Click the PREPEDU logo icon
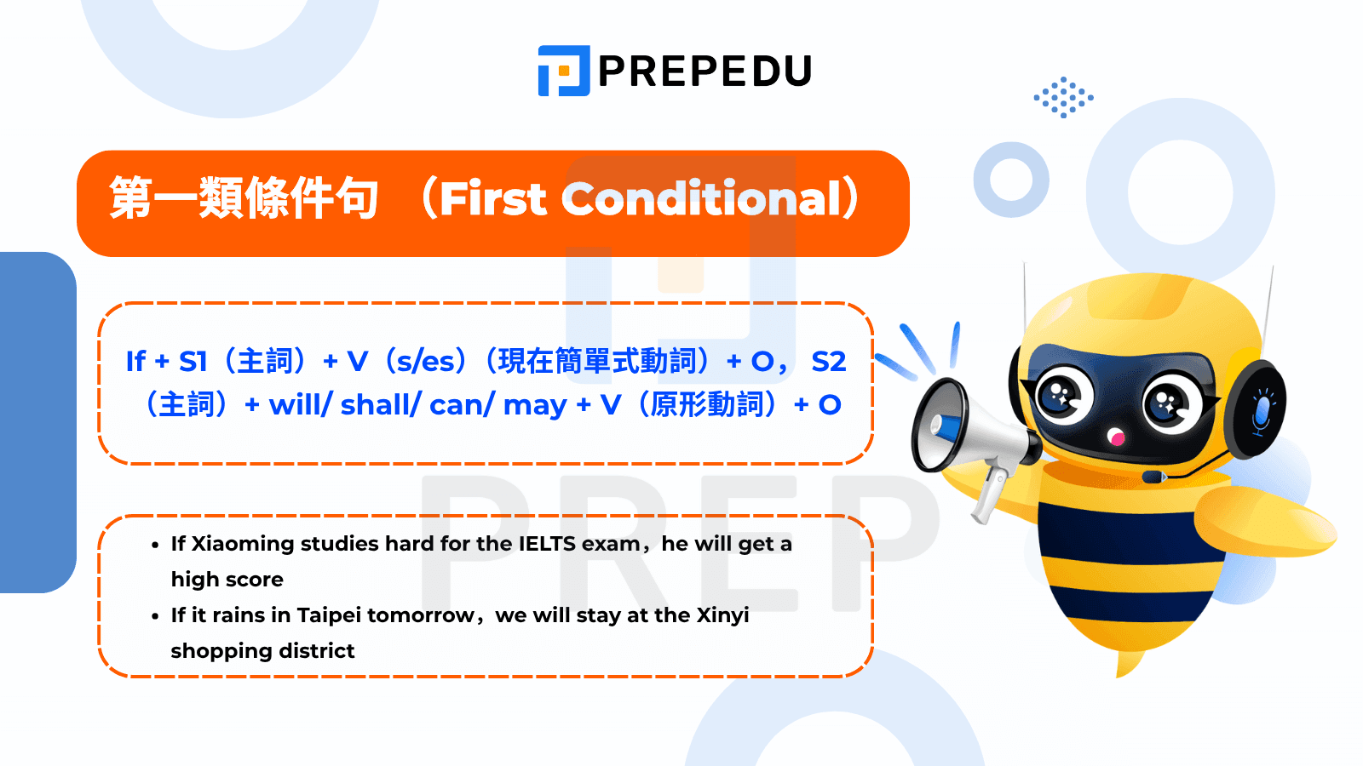tap(563, 71)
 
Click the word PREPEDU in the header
tap(705, 71)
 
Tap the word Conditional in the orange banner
tap(702, 199)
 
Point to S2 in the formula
tap(828, 362)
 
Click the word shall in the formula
tap(375, 405)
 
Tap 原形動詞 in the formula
tap(706, 405)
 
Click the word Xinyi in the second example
tap(722, 615)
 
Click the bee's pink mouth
tap(1116, 438)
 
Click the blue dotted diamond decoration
tap(1063, 97)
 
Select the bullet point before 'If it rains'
tap(155, 616)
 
